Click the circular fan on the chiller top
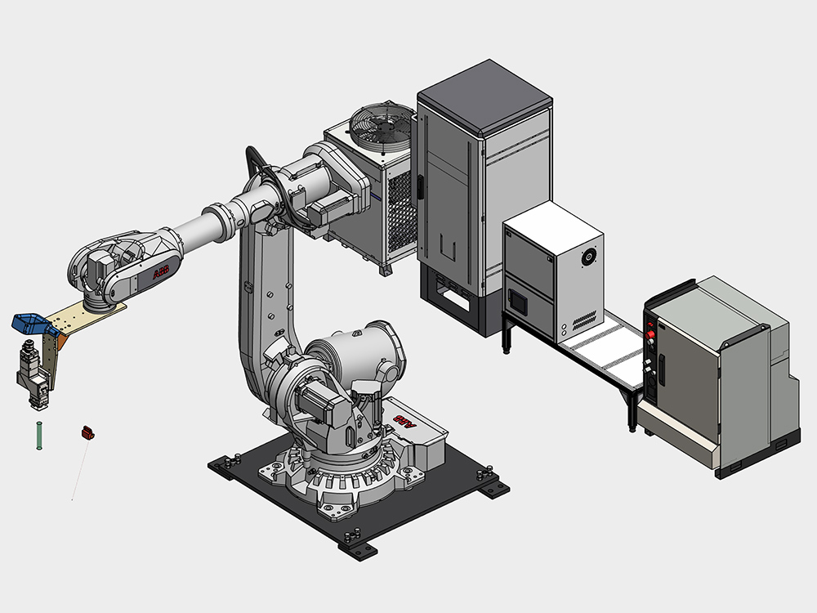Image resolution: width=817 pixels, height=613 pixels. pyautogui.click(x=382, y=130)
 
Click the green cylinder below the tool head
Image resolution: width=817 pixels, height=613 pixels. pyautogui.click(x=39, y=436)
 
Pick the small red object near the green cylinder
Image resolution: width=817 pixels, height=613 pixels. pyautogui.click(x=87, y=432)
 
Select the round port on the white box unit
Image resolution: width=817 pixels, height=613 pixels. pyautogui.click(x=589, y=257)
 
